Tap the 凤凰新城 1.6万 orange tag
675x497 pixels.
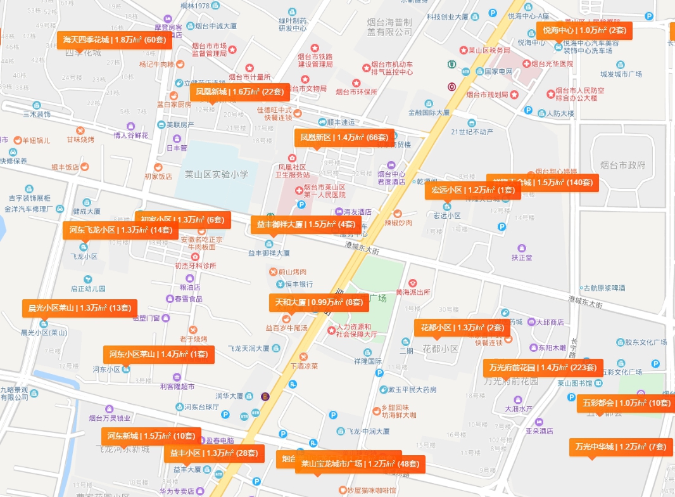click(x=239, y=92)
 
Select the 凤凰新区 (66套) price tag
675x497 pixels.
click(x=344, y=138)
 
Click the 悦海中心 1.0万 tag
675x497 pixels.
click(x=584, y=30)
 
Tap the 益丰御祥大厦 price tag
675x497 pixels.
click(x=306, y=224)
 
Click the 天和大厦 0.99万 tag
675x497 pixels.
click(x=318, y=302)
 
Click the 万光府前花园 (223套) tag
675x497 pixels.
click(x=542, y=367)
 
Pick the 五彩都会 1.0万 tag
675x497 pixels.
click(x=626, y=403)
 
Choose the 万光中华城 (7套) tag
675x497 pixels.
click(x=620, y=447)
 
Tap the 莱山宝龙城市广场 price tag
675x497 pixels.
click(x=360, y=464)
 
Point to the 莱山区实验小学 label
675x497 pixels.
click(x=217, y=174)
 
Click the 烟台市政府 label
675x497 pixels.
click(x=624, y=165)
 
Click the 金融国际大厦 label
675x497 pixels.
click(x=429, y=112)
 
